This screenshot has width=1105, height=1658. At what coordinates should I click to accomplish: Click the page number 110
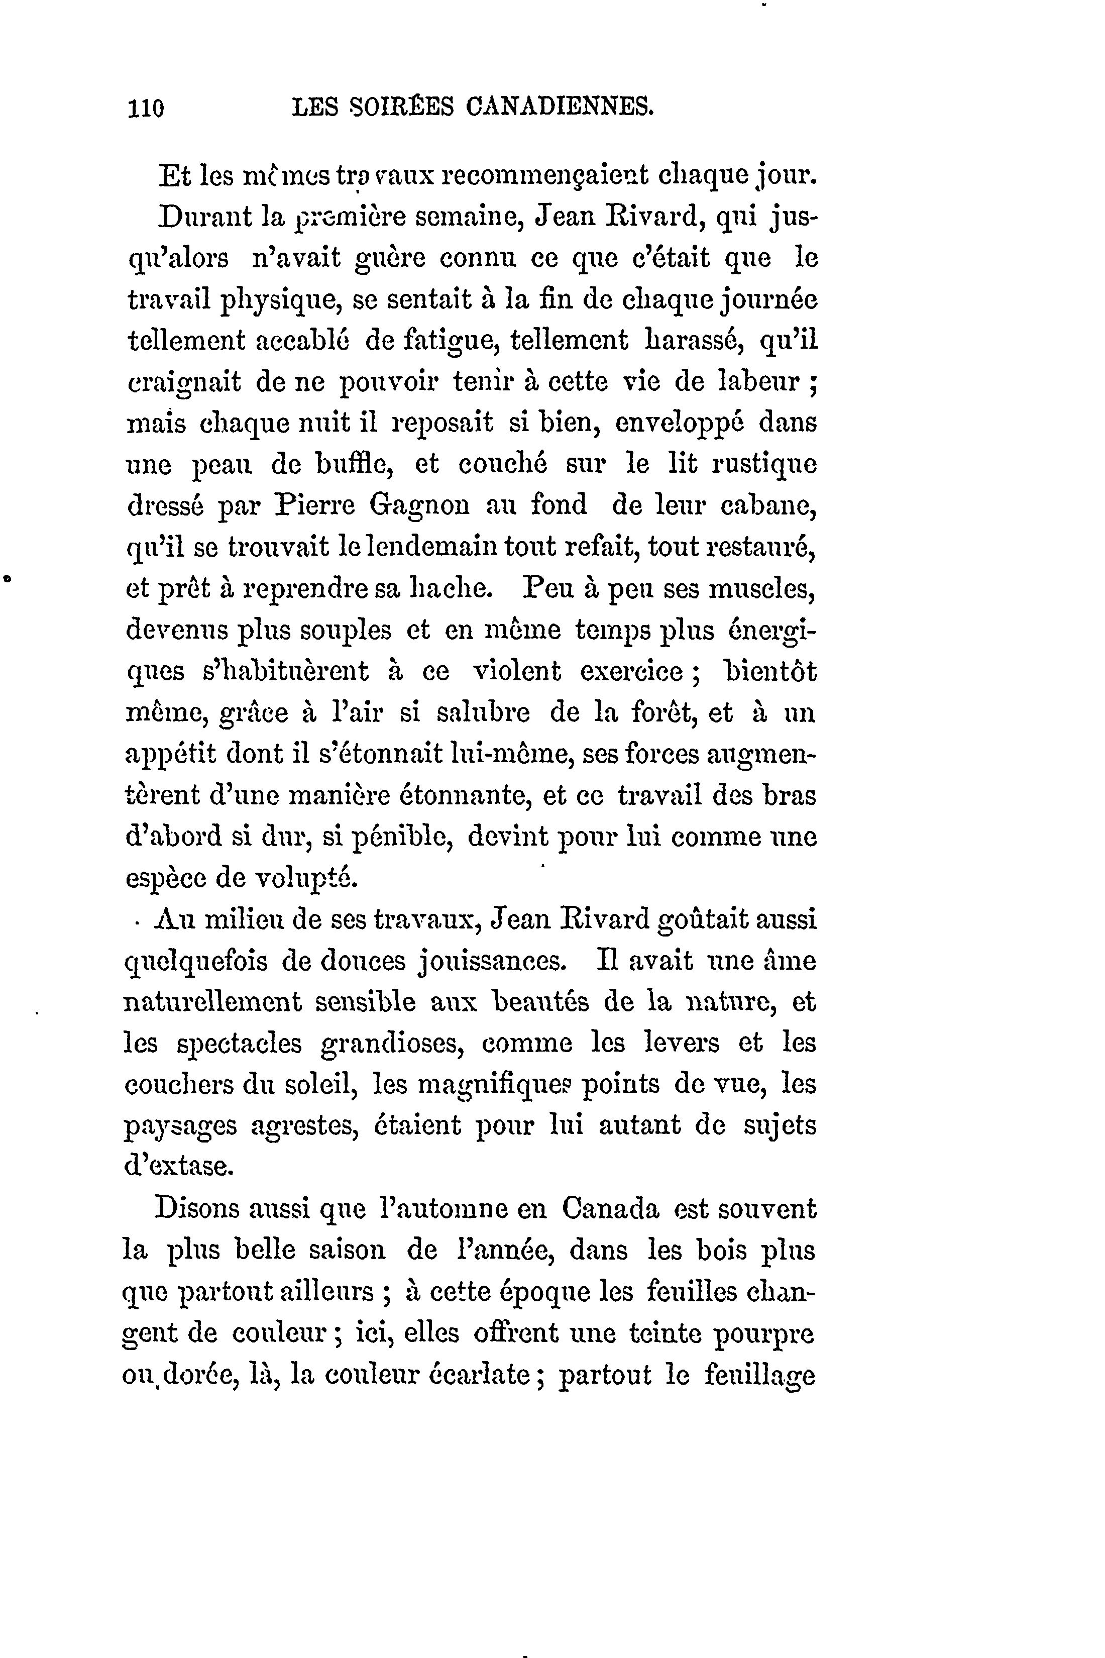pos(146,109)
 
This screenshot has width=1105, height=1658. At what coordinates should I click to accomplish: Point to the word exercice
pos(631,672)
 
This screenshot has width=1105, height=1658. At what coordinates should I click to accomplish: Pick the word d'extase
pos(178,1167)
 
